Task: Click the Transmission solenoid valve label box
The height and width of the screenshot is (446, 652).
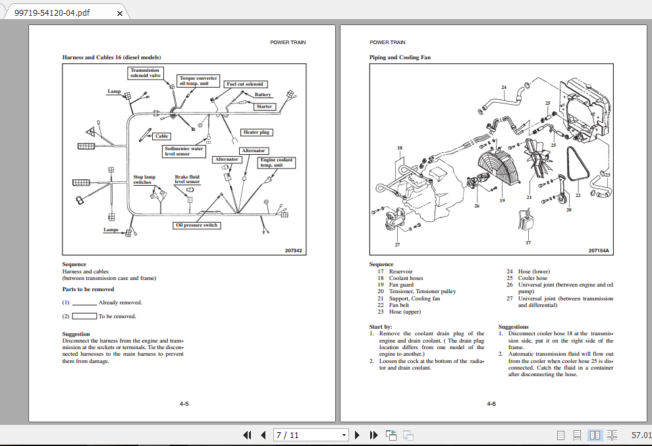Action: tap(145, 72)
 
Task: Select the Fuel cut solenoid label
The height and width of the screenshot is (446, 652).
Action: tap(245, 84)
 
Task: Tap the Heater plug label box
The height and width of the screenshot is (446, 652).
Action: tap(256, 132)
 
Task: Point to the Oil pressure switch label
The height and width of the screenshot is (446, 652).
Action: tap(197, 225)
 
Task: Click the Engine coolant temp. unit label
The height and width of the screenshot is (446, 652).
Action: tap(277, 163)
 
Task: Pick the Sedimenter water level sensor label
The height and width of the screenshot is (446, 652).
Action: tap(184, 152)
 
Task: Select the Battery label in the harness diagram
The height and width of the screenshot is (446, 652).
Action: tap(263, 95)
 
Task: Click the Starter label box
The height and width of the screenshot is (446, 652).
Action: tap(264, 107)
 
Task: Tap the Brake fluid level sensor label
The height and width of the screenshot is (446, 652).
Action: tap(187, 179)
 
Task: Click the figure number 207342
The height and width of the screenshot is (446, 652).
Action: tap(293, 250)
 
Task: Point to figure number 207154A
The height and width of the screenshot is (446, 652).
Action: tap(599, 250)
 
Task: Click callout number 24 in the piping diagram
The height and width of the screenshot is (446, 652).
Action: tap(504, 87)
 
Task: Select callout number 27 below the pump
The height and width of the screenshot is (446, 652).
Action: tap(397, 244)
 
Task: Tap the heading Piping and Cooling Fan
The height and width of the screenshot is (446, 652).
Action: tap(400, 57)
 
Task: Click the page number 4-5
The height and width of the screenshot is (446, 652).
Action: tap(184, 403)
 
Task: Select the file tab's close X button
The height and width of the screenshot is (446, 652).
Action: tap(119, 13)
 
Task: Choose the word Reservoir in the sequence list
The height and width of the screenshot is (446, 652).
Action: tap(400, 271)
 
